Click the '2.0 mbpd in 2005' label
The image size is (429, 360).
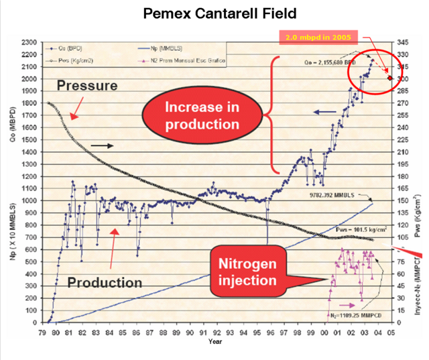[x=317, y=36]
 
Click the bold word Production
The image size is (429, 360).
[x=104, y=282]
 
